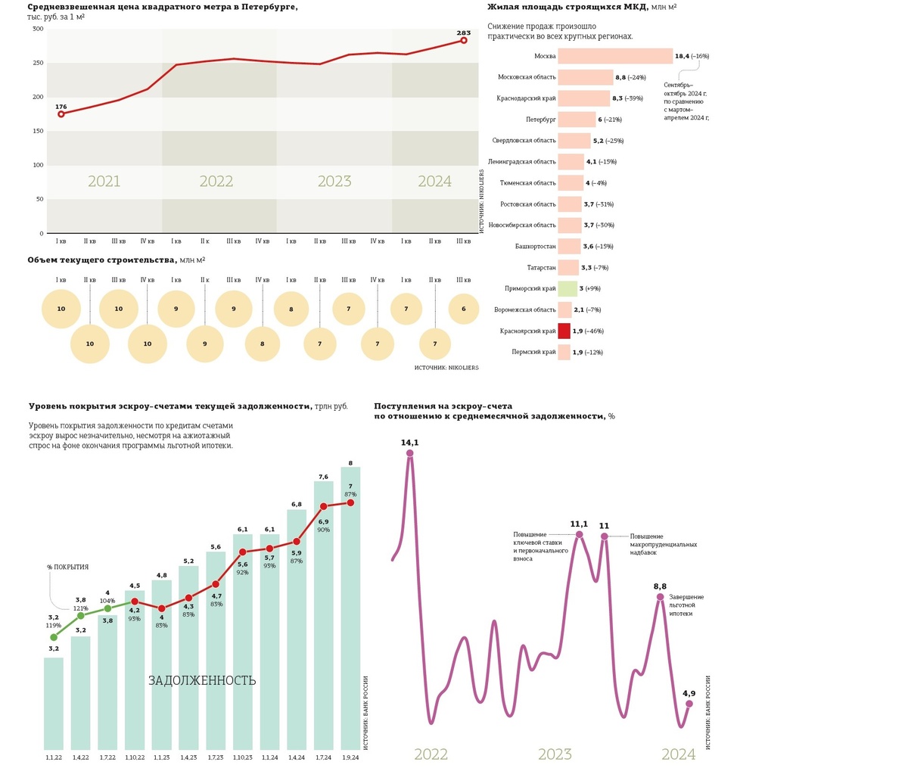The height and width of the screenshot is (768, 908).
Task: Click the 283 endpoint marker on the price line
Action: tap(464, 40)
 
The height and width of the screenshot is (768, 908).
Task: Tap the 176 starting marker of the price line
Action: tap(61, 113)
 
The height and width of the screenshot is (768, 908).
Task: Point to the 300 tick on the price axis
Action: tap(38, 29)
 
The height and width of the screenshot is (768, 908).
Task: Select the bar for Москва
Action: tap(615, 56)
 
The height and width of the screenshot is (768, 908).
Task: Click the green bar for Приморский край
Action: tap(567, 288)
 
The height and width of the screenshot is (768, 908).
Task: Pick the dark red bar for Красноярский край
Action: tap(564, 331)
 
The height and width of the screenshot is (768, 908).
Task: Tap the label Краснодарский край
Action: tap(526, 98)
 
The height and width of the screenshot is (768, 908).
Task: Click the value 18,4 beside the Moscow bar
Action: tap(682, 56)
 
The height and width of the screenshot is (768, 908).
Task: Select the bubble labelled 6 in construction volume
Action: tap(464, 309)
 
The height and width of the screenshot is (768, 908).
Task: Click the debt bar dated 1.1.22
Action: tap(54, 703)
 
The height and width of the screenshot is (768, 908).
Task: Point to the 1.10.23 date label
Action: tap(242, 757)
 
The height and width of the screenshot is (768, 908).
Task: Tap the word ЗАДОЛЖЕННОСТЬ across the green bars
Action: tap(202, 681)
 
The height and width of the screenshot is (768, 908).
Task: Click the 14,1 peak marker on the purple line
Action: tap(410, 453)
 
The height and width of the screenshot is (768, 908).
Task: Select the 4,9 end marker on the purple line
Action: tap(689, 704)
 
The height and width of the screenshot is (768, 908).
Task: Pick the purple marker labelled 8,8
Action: tap(660, 597)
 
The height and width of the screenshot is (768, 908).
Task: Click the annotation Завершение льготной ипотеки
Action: tap(686, 605)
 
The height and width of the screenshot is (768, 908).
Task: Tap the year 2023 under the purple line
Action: tap(555, 754)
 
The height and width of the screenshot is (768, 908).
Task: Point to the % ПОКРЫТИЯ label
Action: tap(67, 567)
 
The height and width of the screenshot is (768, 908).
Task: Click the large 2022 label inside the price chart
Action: tap(216, 182)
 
